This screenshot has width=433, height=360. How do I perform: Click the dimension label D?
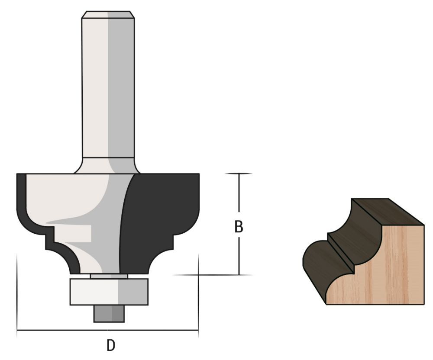tap(111, 346)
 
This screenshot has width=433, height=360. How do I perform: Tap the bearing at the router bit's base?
tap(109, 292)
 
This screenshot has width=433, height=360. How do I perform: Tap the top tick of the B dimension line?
tap(239, 174)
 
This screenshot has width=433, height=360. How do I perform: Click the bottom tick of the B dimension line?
tap(239, 275)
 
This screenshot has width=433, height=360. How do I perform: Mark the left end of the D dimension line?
tap(17, 331)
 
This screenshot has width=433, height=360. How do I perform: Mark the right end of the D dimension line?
tap(198, 331)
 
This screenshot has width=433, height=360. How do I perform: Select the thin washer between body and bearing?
tap(109, 276)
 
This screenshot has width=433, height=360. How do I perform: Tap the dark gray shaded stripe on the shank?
tap(119, 87)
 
